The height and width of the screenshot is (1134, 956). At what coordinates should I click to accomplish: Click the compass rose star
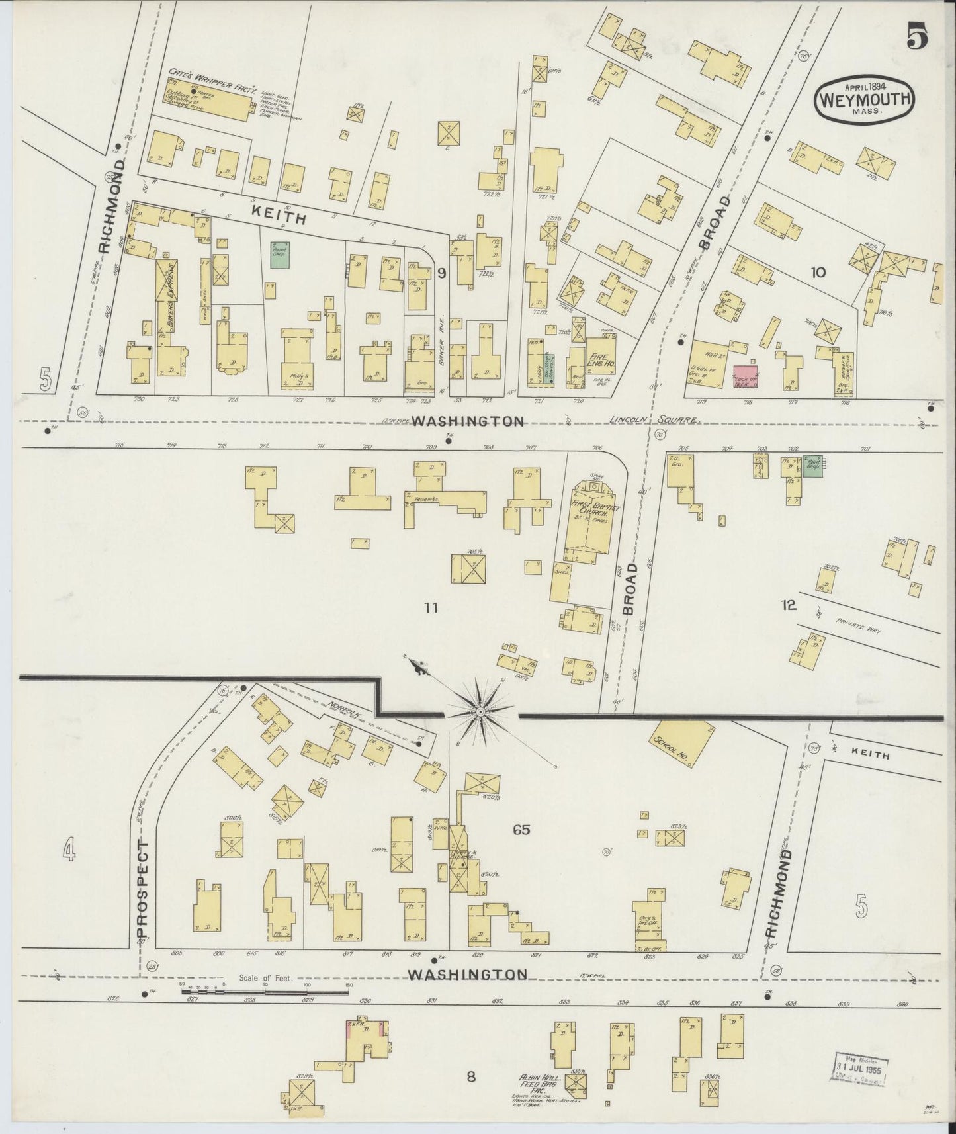tap(481, 711)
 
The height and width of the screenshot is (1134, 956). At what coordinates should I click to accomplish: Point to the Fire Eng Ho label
tap(600, 350)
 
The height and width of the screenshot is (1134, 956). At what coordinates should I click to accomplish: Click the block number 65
tap(521, 829)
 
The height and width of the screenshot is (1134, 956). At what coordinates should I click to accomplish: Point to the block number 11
tap(431, 607)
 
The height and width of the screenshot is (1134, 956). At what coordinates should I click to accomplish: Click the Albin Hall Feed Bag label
tap(539, 1081)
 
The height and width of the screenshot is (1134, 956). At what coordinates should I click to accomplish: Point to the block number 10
tap(818, 271)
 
